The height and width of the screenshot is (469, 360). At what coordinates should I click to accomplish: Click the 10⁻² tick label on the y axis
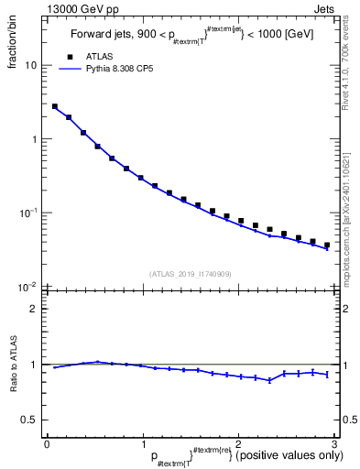coord(29,287)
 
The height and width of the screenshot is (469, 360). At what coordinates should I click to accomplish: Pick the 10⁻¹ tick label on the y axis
coord(29,213)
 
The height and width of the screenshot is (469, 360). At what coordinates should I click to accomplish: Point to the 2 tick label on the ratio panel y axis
coord(34,309)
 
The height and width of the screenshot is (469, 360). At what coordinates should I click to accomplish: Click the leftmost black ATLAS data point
coord(55,106)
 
